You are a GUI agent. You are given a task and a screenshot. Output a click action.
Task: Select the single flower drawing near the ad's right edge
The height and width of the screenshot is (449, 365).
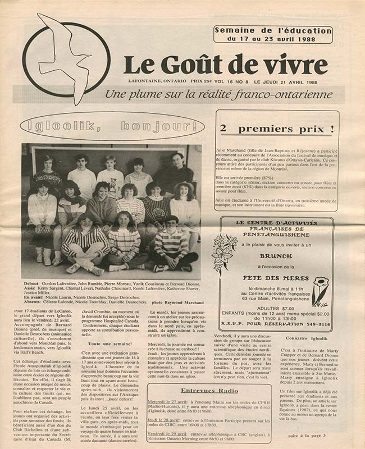tap(320, 291)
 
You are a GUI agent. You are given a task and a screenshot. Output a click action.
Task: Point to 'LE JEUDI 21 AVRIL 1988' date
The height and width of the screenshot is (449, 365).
tap(292, 81)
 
